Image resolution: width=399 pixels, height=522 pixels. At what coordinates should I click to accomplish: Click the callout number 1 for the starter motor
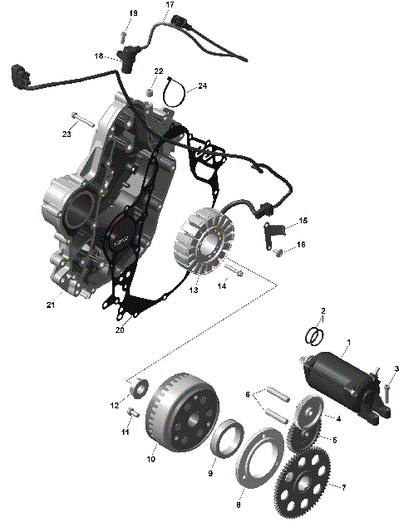(348, 343)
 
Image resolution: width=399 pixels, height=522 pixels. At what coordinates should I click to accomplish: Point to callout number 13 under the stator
(192, 291)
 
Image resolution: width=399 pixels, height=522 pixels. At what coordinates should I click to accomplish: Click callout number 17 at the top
(170, 6)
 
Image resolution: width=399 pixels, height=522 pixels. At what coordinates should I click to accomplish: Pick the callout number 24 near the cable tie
(203, 85)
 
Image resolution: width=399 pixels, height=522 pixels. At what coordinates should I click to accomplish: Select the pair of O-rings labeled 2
(314, 336)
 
